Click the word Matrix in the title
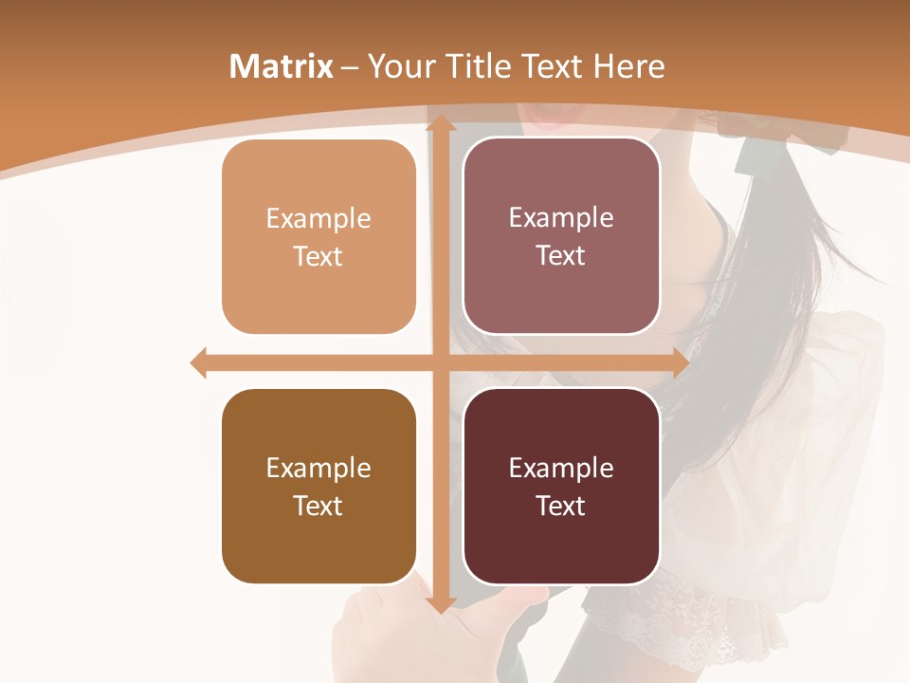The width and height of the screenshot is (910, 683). [x=282, y=66]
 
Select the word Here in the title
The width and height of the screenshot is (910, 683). [x=629, y=66]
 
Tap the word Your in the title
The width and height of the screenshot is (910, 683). [x=402, y=66]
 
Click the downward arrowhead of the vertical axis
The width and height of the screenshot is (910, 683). [x=441, y=603]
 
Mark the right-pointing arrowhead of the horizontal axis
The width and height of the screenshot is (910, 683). [x=680, y=362]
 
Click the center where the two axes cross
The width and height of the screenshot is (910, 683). [x=441, y=362]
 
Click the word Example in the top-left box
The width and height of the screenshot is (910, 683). [x=318, y=219]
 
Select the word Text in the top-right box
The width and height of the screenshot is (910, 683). [x=561, y=256]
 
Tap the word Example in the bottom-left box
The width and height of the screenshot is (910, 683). [x=318, y=469]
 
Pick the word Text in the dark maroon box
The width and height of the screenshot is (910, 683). [x=561, y=506]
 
